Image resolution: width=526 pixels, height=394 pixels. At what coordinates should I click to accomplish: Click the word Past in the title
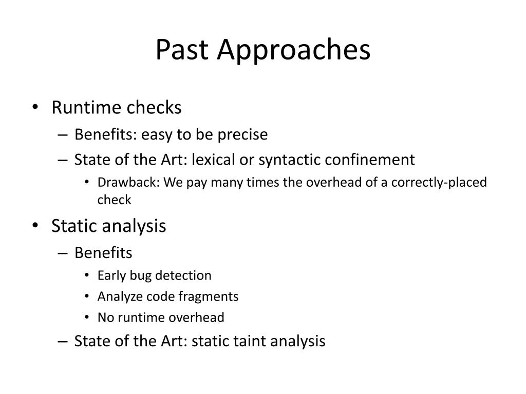[182, 49]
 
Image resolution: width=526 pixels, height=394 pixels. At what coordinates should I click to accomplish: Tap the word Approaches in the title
[294, 50]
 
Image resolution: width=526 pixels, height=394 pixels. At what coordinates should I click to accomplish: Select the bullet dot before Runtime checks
[35, 107]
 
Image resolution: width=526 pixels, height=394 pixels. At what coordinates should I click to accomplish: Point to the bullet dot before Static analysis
[35, 226]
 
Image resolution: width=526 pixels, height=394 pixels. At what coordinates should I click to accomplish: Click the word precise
[242, 135]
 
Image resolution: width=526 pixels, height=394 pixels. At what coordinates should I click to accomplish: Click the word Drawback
[128, 182]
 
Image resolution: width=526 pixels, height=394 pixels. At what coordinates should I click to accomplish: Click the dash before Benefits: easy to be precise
[63, 135]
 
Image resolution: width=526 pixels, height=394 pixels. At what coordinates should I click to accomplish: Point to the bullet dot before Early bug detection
[87, 275]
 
